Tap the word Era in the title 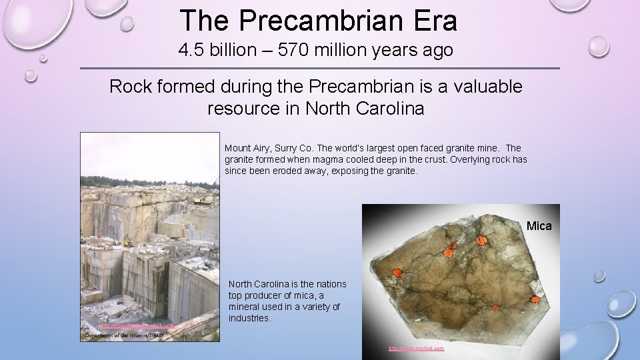click(x=434, y=21)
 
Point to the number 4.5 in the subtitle click(x=191, y=50)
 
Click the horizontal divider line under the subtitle click(x=320, y=68)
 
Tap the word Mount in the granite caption click(x=238, y=148)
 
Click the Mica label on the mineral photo click(x=539, y=226)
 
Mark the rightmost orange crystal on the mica click(x=535, y=300)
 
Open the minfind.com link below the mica click(x=417, y=348)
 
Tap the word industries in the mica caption click(x=249, y=318)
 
